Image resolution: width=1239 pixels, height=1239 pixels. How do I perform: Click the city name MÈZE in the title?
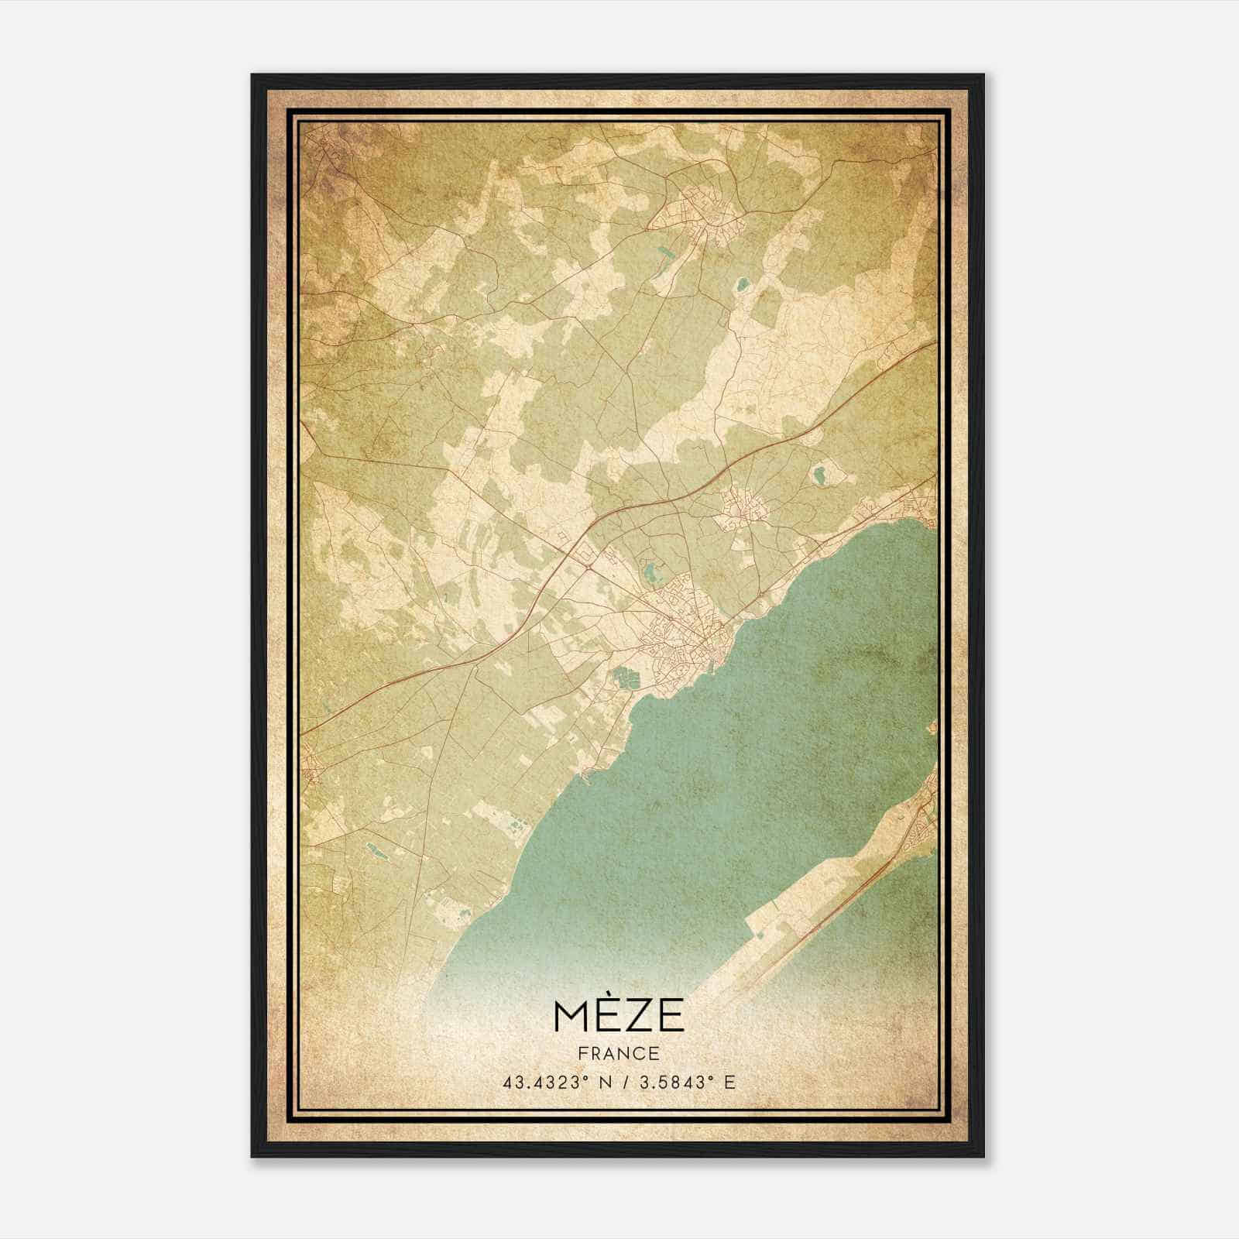tap(619, 1015)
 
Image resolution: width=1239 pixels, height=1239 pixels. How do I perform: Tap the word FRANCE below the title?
tap(619, 1053)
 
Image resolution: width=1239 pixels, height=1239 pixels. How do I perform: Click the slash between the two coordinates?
tap(624, 1083)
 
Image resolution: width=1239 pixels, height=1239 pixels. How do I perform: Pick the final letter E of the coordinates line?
tap(729, 1083)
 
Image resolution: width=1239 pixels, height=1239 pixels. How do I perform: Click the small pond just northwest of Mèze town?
tap(649, 573)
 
